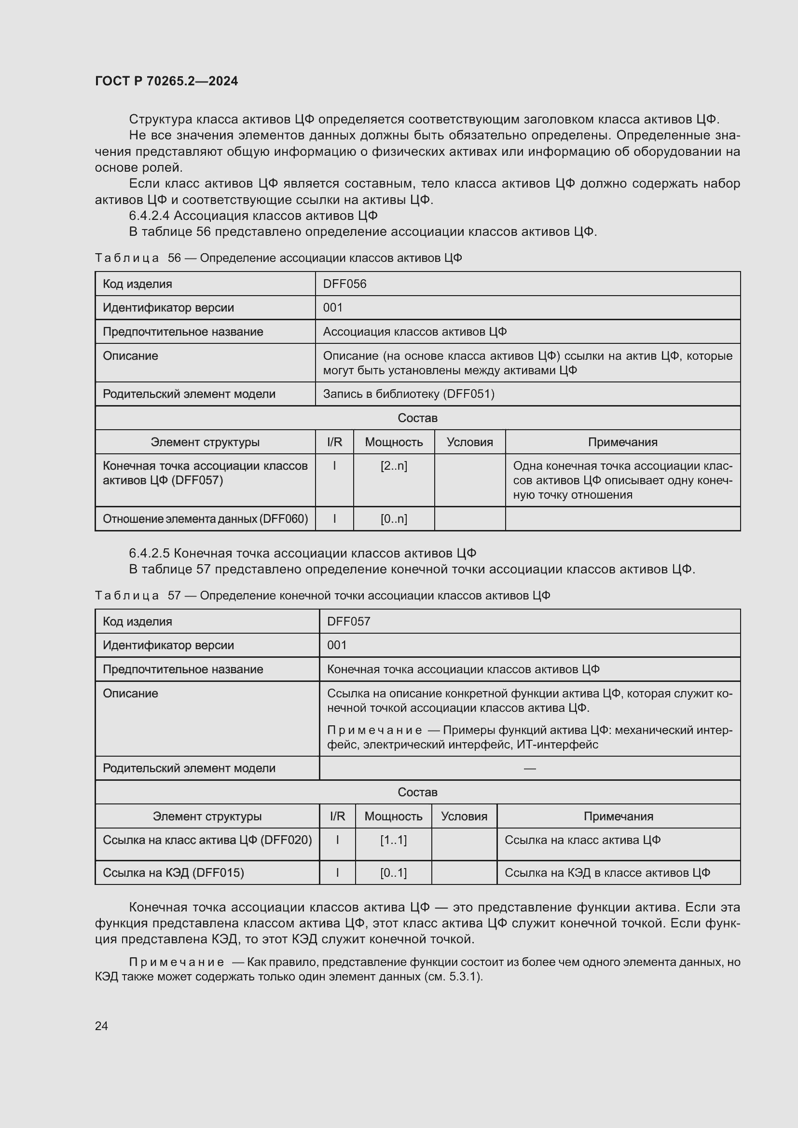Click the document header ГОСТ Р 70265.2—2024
166,81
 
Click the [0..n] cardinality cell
394,519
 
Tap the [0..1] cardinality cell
393,873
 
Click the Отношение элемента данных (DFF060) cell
205,519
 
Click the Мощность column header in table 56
394,442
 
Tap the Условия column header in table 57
464,816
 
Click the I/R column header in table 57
337,816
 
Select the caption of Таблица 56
278,258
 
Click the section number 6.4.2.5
149,553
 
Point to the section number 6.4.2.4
149,216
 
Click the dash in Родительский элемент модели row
529,768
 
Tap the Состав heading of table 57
417,792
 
